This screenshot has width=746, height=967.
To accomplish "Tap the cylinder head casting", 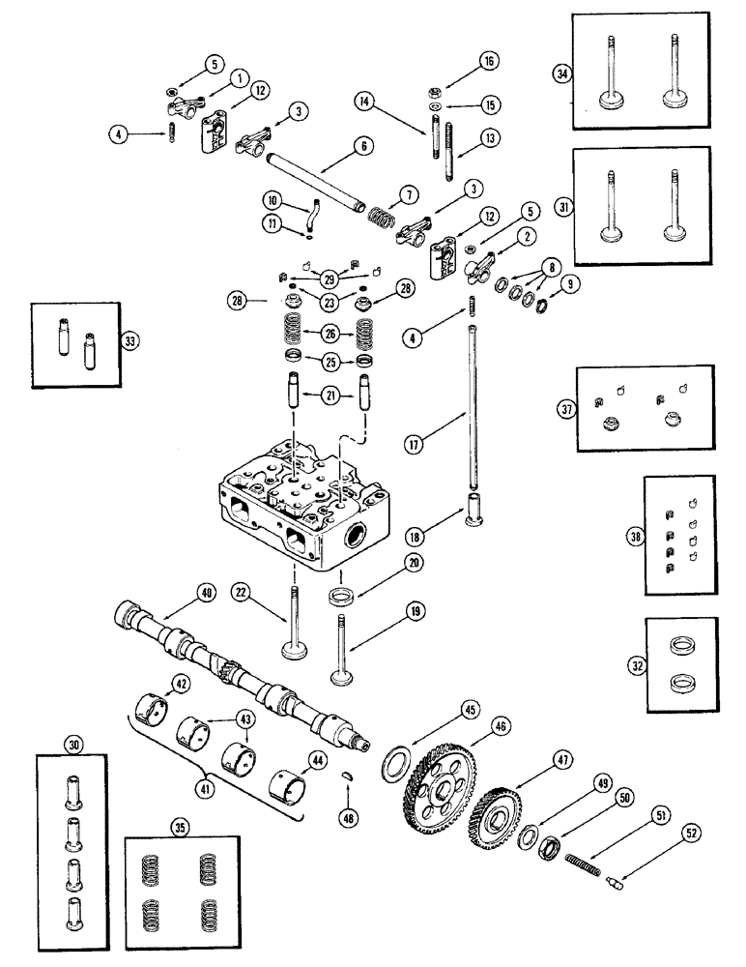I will tap(300, 503).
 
